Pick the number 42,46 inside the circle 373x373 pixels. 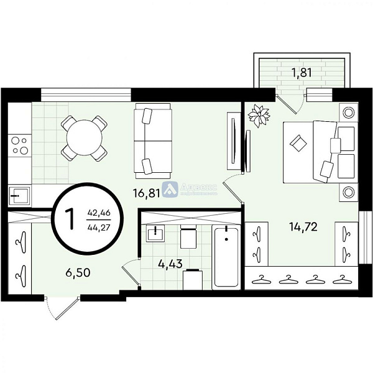99,212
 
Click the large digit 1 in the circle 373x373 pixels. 70,219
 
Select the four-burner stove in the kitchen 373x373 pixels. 19,145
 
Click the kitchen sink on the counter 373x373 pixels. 19,194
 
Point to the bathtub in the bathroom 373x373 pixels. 225,257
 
